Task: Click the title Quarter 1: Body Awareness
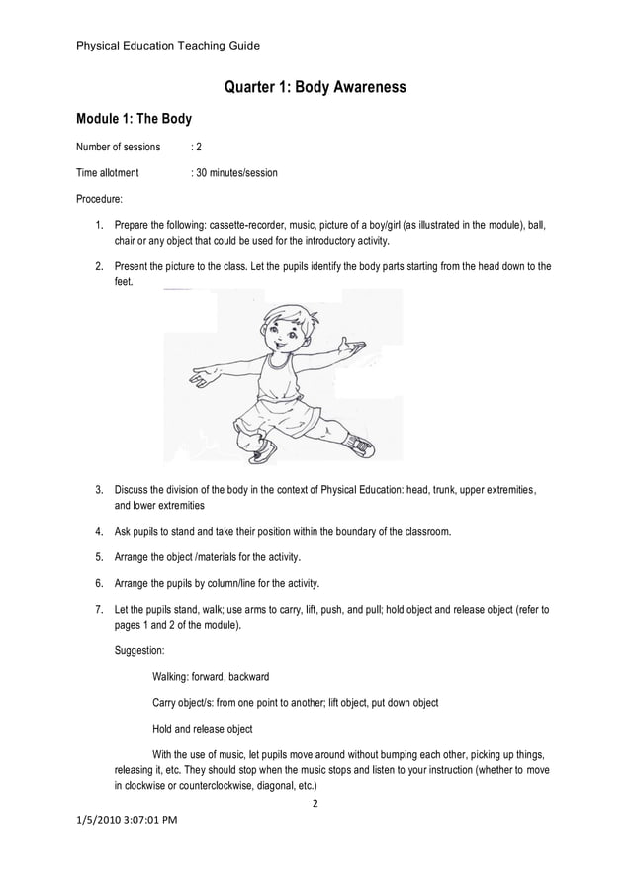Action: click(x=315, y=88)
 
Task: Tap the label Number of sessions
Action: click(x=119, y=147)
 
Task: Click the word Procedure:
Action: click(x=100, y=199)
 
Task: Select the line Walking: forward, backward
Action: click(x=211, y=677)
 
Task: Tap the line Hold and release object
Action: click(x=203, y=729)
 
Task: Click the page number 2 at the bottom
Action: click(x=315, y=803)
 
